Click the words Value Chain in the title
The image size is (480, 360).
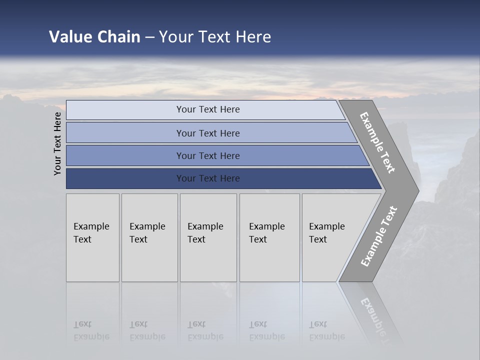(94, 37)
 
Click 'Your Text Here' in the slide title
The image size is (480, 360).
(215, 37)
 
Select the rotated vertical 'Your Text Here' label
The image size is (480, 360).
(57, 143)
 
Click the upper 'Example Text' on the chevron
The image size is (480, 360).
(377, 143)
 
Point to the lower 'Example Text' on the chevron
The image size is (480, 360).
(379, 236)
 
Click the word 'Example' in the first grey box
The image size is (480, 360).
(91, 226)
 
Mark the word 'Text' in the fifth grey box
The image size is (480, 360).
(318, 239)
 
